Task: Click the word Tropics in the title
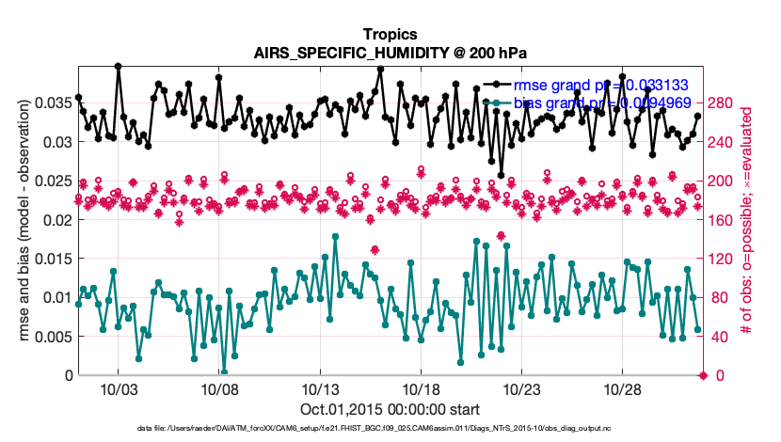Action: [390, 34]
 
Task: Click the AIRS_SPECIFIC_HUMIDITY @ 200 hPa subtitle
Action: [390, 53]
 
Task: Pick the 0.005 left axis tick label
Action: [53, 337]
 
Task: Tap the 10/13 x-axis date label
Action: [320, 390]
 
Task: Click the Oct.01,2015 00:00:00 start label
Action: [390, 410]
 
